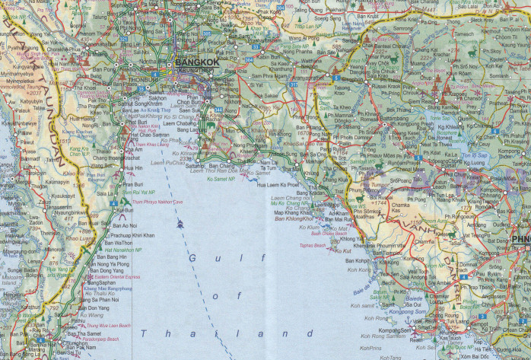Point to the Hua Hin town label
coord(133,167)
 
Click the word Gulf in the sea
coord(203,260)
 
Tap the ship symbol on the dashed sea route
coord(180,225)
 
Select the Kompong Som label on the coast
coord(395,330)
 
